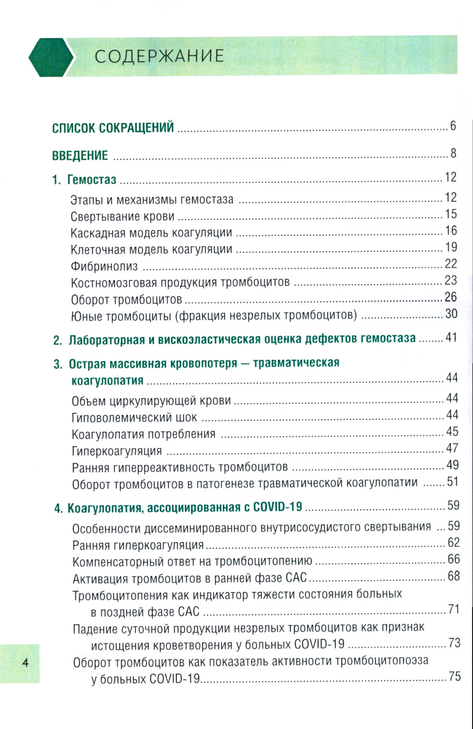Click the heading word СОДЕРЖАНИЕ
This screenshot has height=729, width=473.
click(x=159, y=56)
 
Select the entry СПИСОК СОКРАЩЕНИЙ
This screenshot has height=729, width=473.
click(x=113, y=128)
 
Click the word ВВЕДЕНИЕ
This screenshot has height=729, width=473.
click(x=80, y=155)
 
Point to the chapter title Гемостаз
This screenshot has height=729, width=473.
click(x=92, y=180)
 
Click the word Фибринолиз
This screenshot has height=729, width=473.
click(x=104, y=266)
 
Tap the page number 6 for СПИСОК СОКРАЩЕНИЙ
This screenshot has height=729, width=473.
click(x=453, y=126)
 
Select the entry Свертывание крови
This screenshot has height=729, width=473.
click(x=123, y=217)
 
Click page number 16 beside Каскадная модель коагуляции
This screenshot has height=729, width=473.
click(x=451, y=231)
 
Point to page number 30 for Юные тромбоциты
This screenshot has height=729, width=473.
click(x=451, y=314)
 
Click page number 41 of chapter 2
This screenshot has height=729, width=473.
click(x=451, y=337)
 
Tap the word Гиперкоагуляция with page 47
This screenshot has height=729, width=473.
click(x=117, y=451)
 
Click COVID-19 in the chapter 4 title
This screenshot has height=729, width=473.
click(x=277, y=508)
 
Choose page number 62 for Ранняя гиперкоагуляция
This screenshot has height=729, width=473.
click(x=453, y=542)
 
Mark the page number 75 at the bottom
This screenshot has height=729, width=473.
click(x=454, y=677)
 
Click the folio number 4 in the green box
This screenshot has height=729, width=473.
click(x=26, y=662)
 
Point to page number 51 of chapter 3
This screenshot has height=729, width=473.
click(x=453, y=481)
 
